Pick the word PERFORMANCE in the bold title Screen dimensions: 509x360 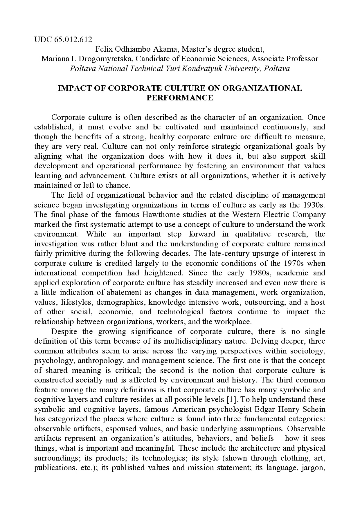click(x=180, y=98)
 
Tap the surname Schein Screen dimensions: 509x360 click(x=312, y=409)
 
